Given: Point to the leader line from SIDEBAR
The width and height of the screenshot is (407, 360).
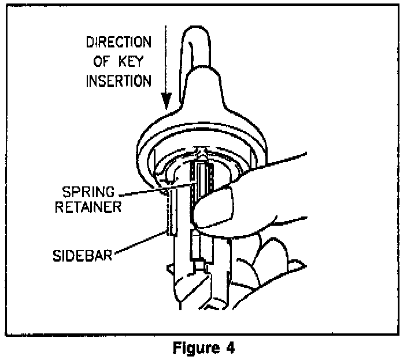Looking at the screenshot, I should pyautogui.click(x=147, y=243).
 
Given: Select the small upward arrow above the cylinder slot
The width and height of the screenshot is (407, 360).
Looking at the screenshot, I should pyautogui.click(x=201, y=151).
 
